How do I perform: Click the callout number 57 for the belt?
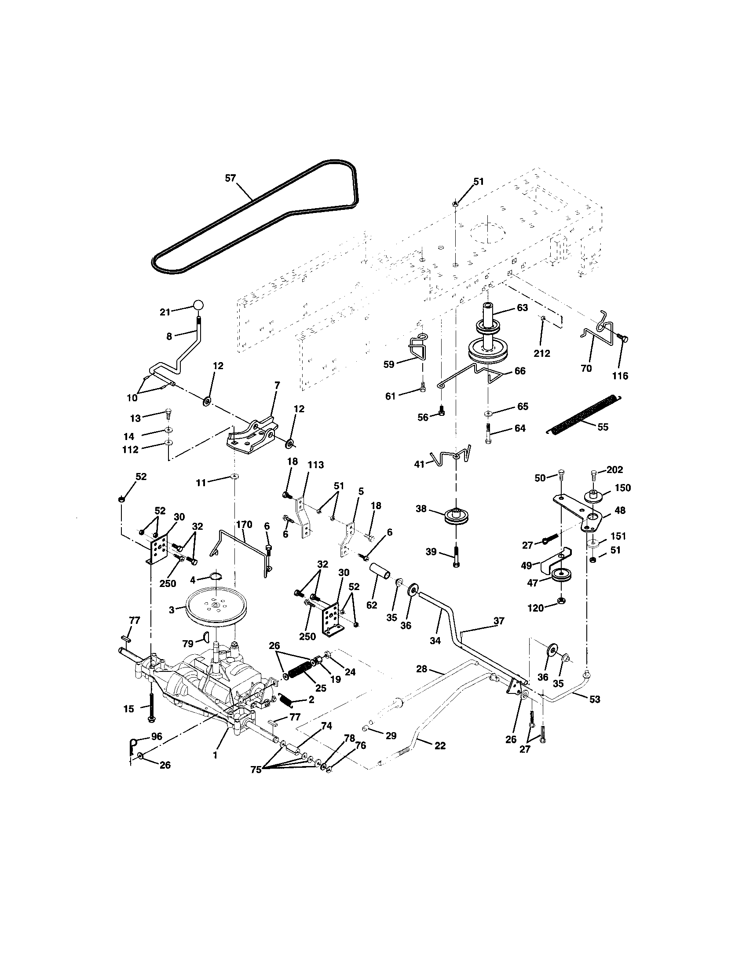click(230, 178)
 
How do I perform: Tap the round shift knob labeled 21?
click(198, 305)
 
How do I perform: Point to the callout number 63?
click(522, 308)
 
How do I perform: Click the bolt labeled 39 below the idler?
click(456, 555)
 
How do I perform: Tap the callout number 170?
click(244, 524)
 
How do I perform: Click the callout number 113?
click(315, 465)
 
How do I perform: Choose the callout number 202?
click(614, 470)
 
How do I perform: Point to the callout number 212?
click(542, 353)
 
